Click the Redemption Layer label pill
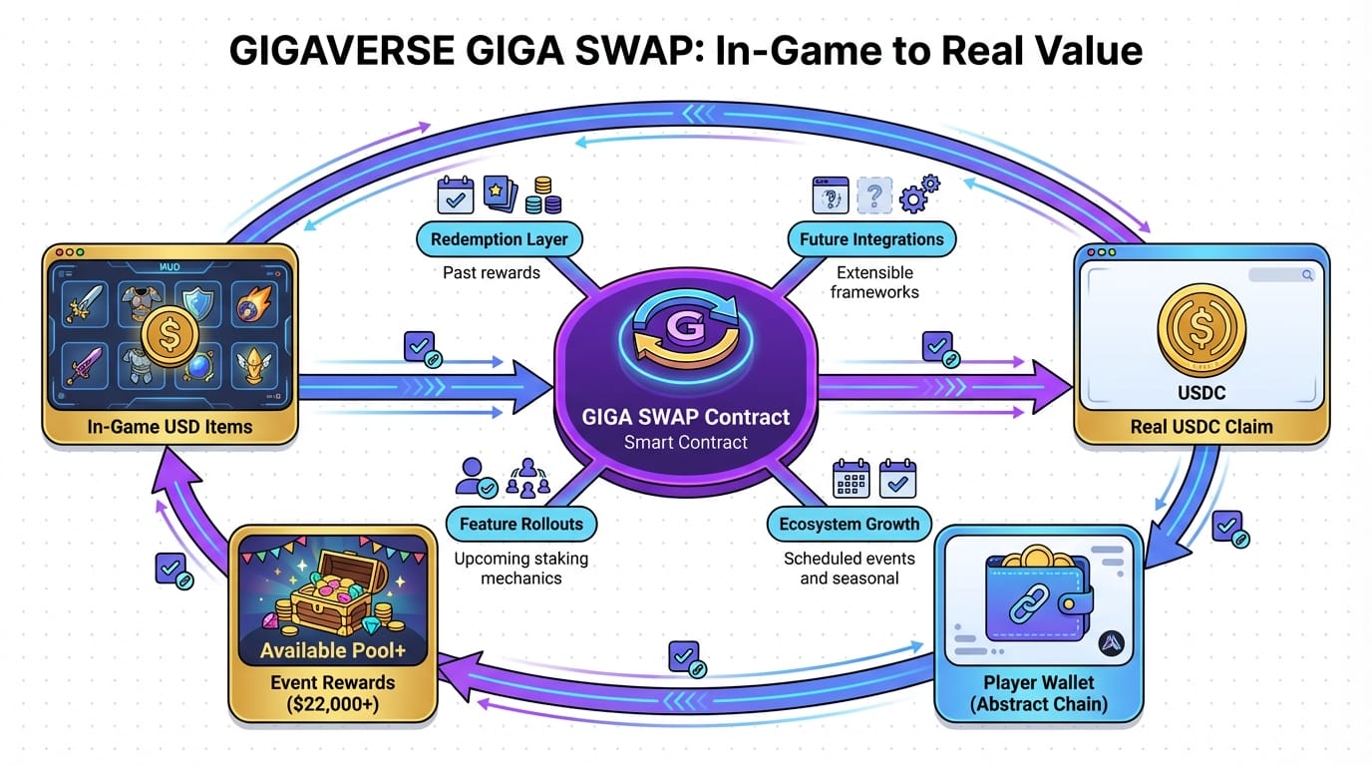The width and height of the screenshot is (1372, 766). coord(499,239)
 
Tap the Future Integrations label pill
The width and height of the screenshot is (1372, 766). coord(871,239)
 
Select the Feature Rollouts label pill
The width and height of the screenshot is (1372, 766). coord(521,524)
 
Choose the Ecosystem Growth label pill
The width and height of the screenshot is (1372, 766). coord(850,524)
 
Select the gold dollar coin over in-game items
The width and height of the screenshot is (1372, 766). coord(171,336)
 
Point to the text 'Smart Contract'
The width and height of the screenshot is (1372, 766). coord(685,442)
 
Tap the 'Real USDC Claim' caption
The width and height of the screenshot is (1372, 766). coord(1200,427)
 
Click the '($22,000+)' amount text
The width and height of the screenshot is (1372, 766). coord(333,703)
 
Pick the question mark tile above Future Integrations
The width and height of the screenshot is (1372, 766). coord(873,195)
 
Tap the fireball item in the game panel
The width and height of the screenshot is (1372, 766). coord(251,304)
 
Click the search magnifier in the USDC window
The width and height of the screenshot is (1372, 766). coord(1306,274)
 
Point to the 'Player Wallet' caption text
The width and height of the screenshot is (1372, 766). coord(1038,683)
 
